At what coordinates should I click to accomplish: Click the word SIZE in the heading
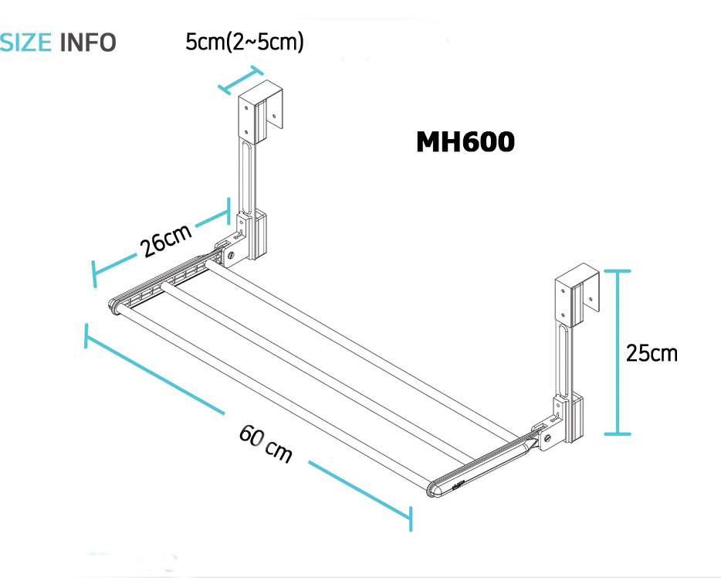(x=25, y=42)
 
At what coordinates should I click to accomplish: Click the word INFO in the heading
(x=88, y=42)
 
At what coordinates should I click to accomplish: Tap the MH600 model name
(x=465, y=141)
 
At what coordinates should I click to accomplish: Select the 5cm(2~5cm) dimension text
(x=245, y=42)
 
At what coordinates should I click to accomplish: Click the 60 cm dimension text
(x=266, y=444)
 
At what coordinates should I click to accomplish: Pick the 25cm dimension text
(x=652, y=353)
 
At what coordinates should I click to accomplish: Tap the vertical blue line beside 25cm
(x=617, y=352)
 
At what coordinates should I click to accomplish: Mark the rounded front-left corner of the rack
(x=115, y=307)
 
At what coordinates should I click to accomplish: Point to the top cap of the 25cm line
(x=617, y=271)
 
